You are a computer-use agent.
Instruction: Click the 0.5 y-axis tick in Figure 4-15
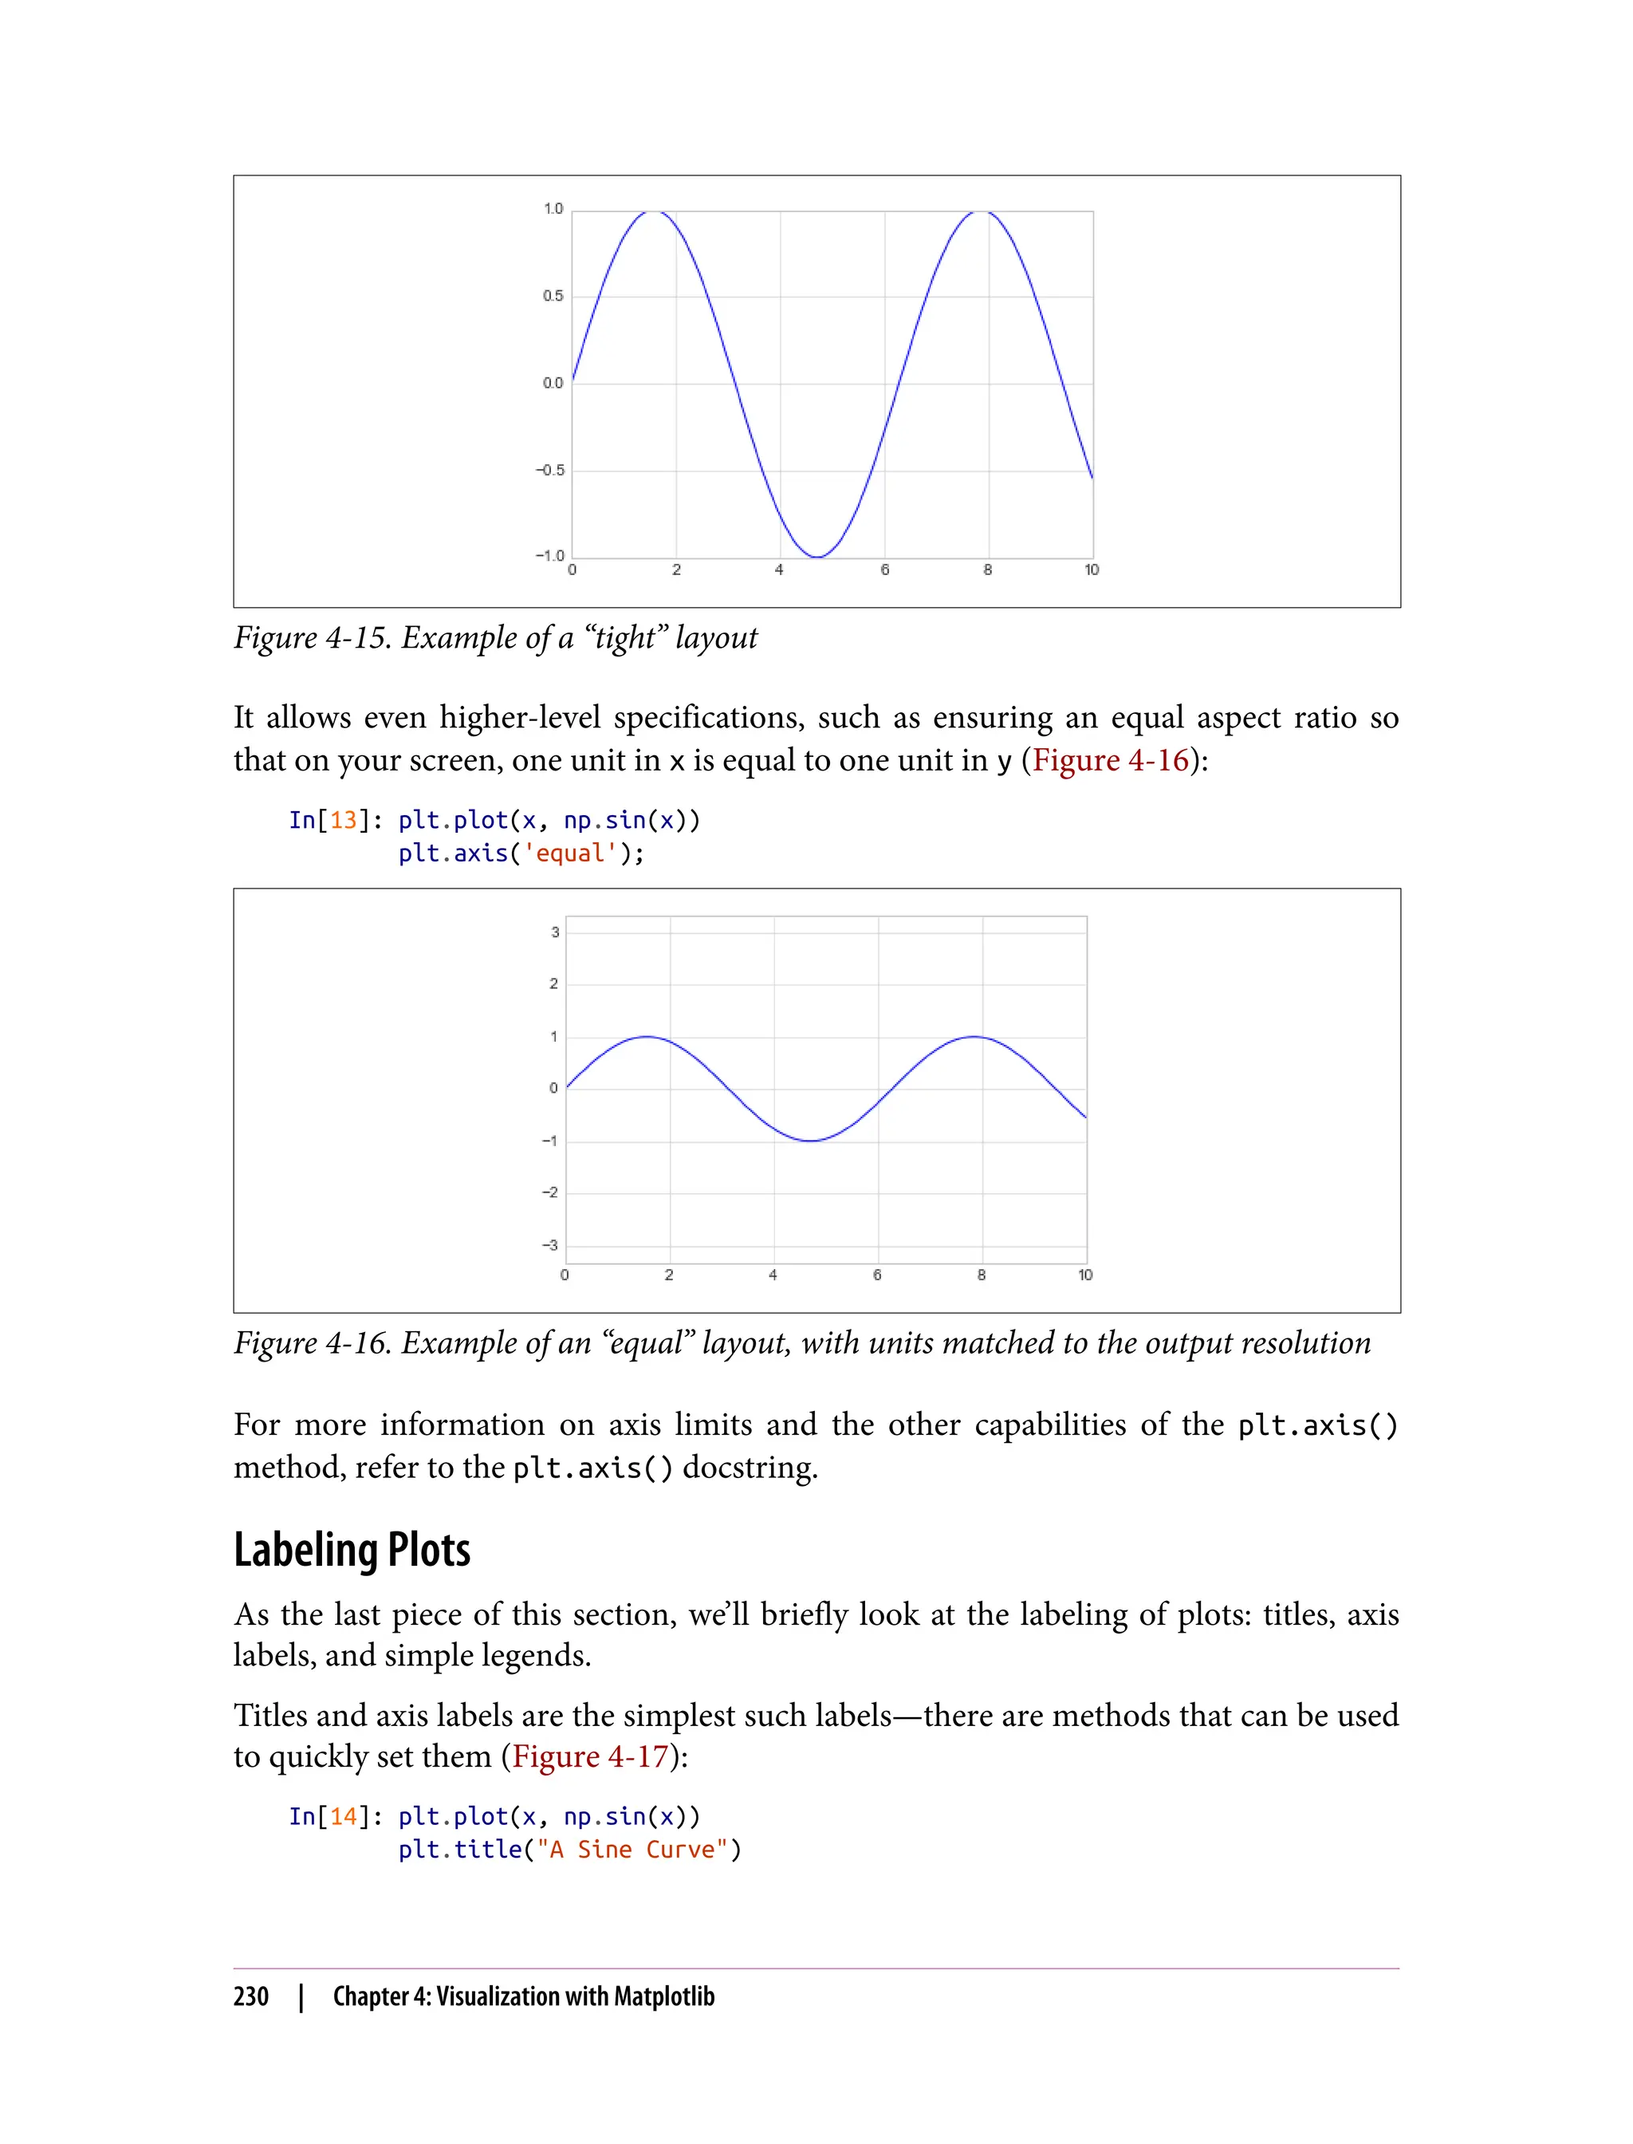pyautogui.click(x=552, y=296)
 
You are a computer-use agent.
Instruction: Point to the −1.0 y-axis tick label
pyautogui.click(x=549, y=555)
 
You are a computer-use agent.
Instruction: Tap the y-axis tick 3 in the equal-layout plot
pyautogui.click(x=555, y=932)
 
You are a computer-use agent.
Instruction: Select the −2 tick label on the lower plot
pyautogui.click(x=550, y=1192)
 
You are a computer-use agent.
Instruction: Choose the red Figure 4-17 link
pyautogui.click(x=590, y=1756)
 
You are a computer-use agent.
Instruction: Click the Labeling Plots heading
pyautogui.click(x=352, y=1550)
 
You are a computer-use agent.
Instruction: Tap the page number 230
pyautogui.click(x=251, y=1996)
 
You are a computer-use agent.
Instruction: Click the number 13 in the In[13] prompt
pyautogui.click(x=343, y=821)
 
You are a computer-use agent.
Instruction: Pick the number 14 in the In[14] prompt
pyautogui.click(x=343, y=1816)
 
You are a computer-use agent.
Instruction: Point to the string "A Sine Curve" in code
pyautogui.click(x=632, y=1850)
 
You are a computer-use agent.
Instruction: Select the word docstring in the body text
pyautogui.click(x=749, y=1468)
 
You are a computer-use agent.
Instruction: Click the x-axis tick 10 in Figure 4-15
pyautogui.click(x=1092, y=569)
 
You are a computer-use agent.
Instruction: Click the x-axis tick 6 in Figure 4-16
pyautogui.click(x=877, y=1275)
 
